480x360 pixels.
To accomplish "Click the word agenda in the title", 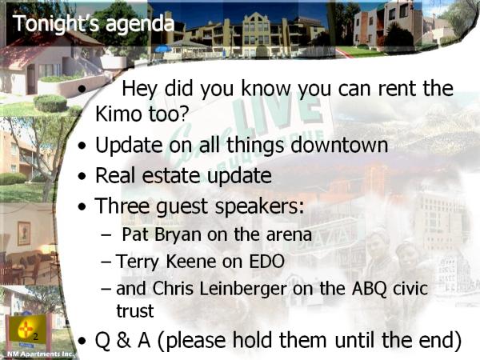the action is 140,25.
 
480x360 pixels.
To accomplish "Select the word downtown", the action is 339,144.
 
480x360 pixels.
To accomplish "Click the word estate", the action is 170,175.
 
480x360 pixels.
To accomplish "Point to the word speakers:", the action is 260,206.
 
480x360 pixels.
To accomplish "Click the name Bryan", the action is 178,235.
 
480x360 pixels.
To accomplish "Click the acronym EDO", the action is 266,262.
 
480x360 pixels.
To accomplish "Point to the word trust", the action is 135,310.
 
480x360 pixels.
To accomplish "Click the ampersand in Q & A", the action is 123,340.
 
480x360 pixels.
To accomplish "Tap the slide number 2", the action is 36,337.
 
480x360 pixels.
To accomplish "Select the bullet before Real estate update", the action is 82,176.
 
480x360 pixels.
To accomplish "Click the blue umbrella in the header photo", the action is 163,49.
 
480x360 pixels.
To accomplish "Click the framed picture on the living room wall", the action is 24,234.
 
